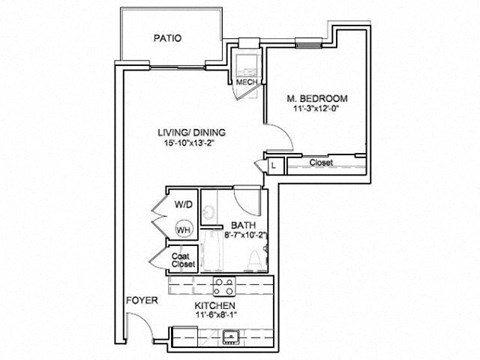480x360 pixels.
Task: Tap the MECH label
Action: (x=244, y=82)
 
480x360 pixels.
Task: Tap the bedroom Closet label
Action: (x=321, y=162)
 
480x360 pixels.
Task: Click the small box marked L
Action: (x=274, y=164)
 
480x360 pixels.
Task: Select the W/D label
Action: (x=183, y=204)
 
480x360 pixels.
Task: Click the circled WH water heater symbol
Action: (x=183, y=229)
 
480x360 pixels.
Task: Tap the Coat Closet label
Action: (x=181, y=259)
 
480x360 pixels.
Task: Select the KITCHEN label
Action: (x=215, y=304)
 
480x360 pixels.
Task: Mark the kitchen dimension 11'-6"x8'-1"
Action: (x=215, y=316)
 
